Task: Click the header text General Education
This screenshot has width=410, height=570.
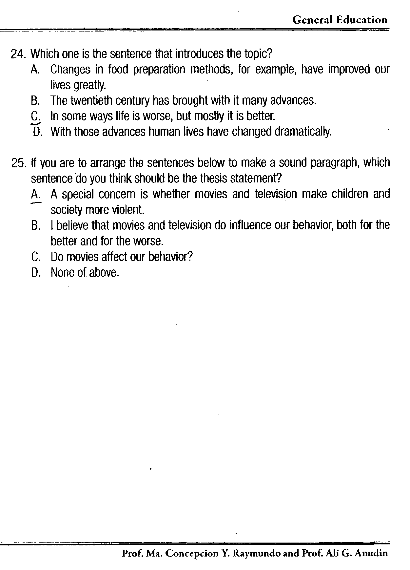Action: [x=340, y=20]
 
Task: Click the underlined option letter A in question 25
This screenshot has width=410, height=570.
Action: [x=35, y=195]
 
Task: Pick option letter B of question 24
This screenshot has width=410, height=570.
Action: [x=35, y=100]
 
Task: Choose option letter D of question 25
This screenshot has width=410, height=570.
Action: [x=35, y=272]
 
